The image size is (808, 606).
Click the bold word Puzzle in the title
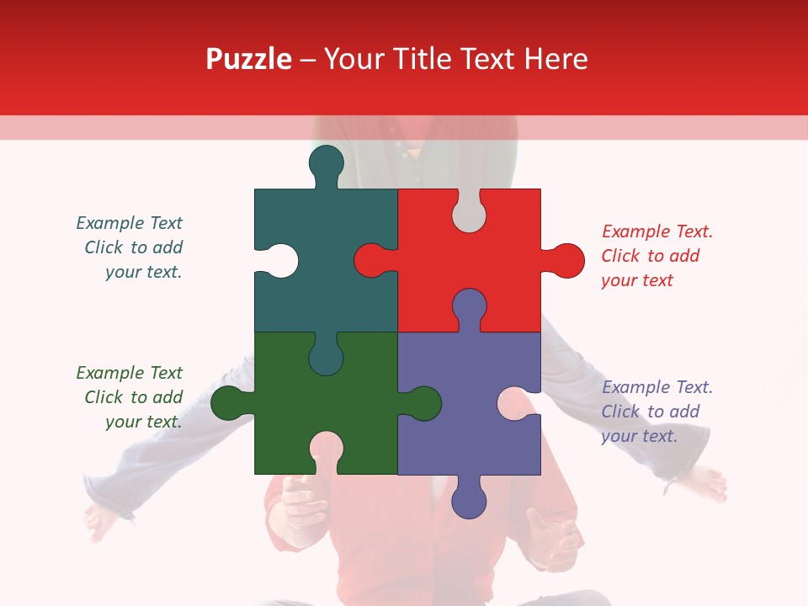248,59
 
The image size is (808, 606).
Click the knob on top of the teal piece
326,163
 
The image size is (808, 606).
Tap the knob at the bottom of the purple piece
469,499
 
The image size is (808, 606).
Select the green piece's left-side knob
229,403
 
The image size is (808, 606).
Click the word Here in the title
555,59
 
